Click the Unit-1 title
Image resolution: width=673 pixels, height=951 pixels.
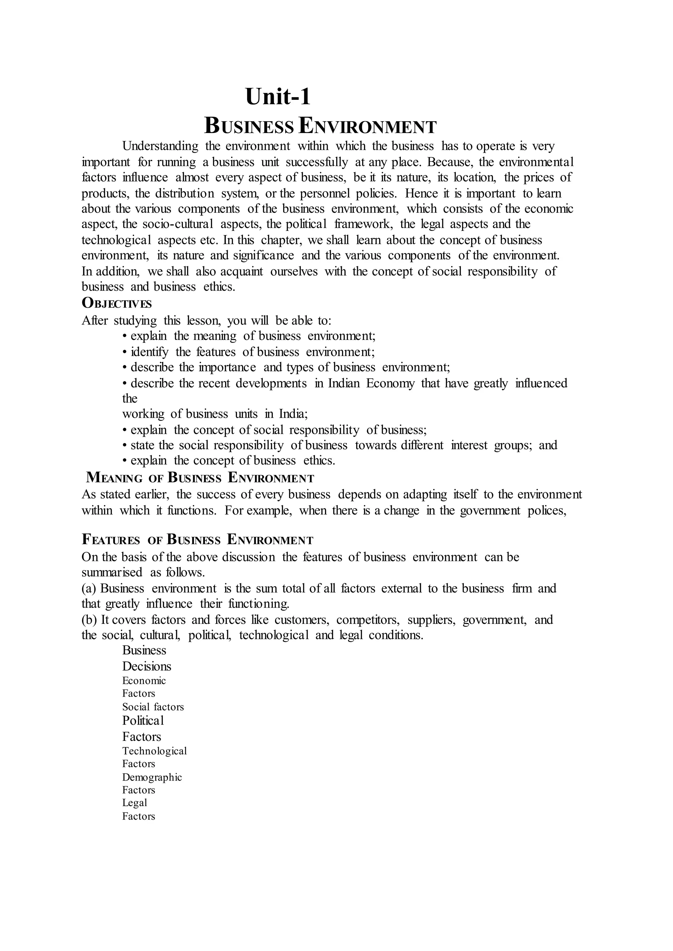pos(278,97)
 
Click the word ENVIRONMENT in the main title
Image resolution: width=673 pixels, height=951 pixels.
pos(367,126)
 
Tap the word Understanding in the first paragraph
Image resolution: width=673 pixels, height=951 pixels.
pos(160,146)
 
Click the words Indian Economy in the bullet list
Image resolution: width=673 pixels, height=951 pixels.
pos(371,383)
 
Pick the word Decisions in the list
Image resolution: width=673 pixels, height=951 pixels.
pos(147,666)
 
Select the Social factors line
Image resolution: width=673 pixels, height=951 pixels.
pos(153,707)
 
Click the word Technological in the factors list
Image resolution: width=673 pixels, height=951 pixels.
pos(154,751)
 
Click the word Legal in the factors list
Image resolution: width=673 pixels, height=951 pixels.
pos(135,803)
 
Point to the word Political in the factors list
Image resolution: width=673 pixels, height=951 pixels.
pos(143,721)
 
